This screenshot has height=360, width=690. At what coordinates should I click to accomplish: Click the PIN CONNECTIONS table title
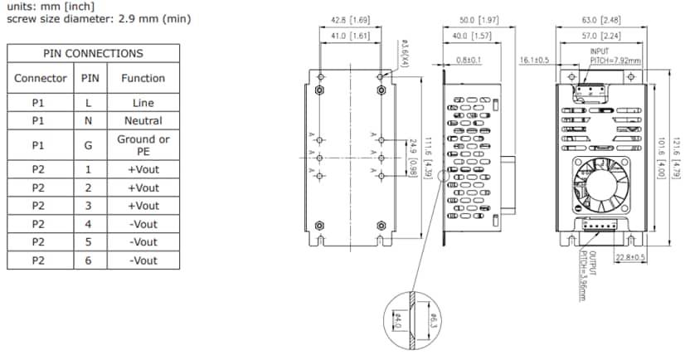tap(93, 53)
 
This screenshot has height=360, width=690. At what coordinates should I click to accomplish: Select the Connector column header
tap(41, 78)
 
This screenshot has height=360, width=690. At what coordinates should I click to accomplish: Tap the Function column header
tap(143, 78)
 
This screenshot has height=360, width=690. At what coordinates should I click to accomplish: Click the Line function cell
tap(143, 103)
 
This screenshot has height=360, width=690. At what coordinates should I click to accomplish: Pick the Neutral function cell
tap(143, 121)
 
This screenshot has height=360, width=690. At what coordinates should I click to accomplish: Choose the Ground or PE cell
tap(143, 145)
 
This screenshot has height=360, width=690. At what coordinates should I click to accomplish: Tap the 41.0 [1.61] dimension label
tap(350, 36)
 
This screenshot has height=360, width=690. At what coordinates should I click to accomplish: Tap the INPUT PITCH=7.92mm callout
tap(603, 56)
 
